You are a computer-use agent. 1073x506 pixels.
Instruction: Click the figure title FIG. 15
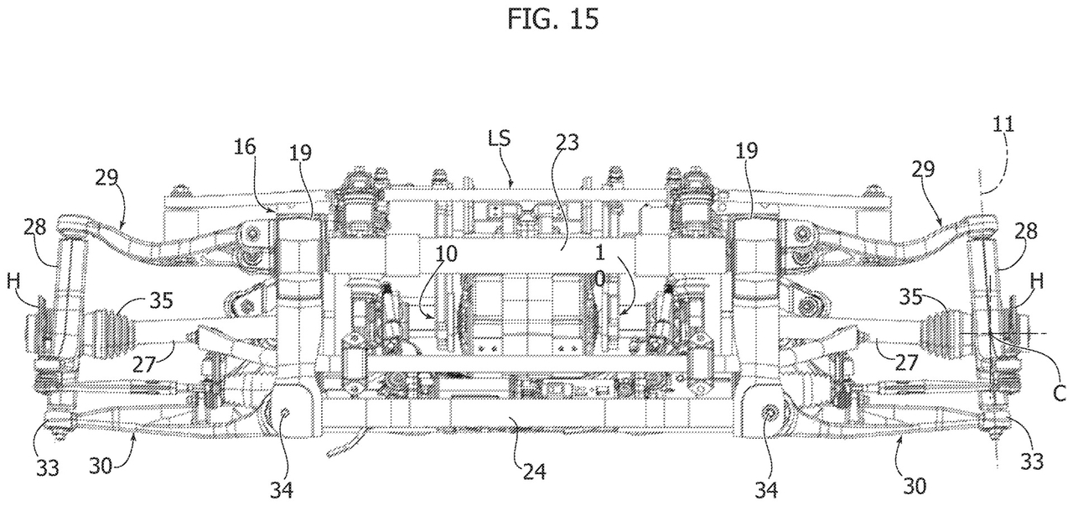[x=552, y=19]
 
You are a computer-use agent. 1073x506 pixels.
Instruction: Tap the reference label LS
[x=499, y=138]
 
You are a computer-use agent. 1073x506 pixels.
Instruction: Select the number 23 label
[x=568, y=143]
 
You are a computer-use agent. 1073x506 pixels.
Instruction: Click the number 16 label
[x=246, y=147]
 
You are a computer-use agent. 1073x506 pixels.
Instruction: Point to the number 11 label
[x=1003, y=125]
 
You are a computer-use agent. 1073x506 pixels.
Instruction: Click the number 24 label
[x=534, y=472]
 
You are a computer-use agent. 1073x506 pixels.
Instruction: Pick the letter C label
[x=1060, y=394]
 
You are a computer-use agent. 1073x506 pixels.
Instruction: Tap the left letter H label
[x=14, y=282]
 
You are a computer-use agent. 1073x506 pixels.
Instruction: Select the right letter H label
[x=1037, y=282]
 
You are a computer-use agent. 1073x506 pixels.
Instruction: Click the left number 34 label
[x=282, y=490]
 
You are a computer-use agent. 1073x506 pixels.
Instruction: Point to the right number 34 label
[x=766, y=490]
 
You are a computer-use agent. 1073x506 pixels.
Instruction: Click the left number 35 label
[x=162, y=300]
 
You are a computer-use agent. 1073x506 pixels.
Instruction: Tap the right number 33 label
[x=1032, y=462]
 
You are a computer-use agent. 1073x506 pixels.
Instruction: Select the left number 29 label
[x=106, y=178]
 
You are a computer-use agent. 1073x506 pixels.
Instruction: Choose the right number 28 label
[x=1025, y=231]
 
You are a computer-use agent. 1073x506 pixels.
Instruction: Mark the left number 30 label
[x=101, y=465]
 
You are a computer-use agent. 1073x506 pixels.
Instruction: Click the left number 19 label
[x=300, y=154]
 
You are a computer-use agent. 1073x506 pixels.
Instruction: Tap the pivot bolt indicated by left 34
[x=284, y=411]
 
